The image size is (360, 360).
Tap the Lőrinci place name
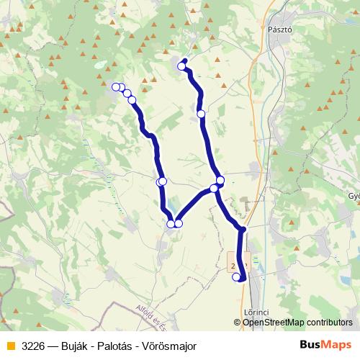256,312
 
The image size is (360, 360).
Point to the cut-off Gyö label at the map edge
354,196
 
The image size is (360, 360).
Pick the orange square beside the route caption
10,346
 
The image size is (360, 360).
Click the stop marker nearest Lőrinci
236,276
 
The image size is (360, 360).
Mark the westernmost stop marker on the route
116,87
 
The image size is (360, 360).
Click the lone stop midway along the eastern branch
201,113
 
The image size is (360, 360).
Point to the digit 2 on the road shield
234,266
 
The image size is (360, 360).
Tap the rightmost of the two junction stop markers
220,180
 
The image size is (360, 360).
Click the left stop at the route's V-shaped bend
171,224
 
